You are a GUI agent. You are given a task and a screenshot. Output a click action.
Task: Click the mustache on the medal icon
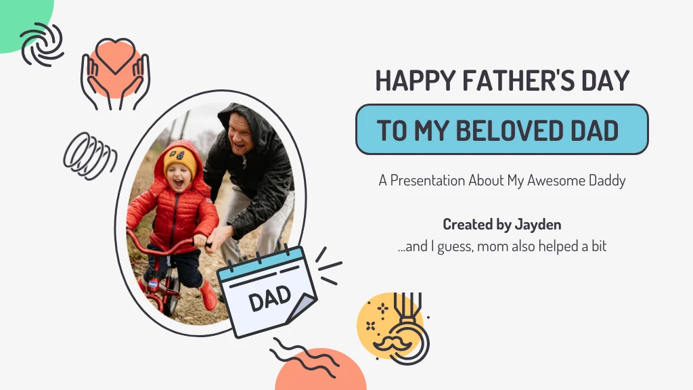click(x=393, y=341)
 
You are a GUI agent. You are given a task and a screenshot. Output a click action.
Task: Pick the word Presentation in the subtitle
click(x=428, y=181)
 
